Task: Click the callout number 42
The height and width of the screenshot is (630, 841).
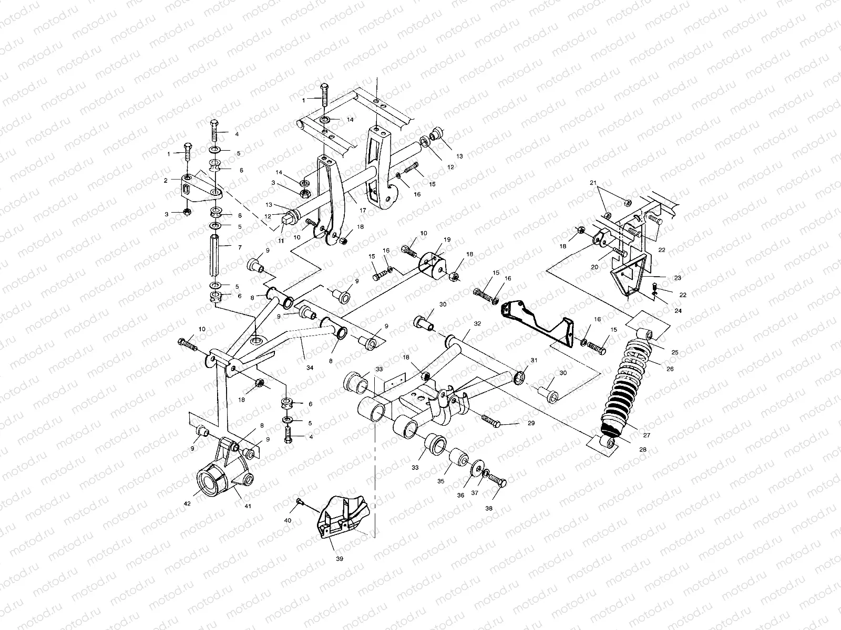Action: coord(188,503)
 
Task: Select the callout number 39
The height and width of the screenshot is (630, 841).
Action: coord(340,559)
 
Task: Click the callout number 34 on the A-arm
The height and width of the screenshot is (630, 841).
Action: coord(310,368)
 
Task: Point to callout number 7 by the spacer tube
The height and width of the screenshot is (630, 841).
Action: coord(239,246)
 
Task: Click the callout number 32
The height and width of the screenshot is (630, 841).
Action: coord(477,324)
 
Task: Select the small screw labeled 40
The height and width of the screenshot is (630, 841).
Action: coord(299,502)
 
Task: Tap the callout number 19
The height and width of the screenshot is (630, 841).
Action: coord(447,239)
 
